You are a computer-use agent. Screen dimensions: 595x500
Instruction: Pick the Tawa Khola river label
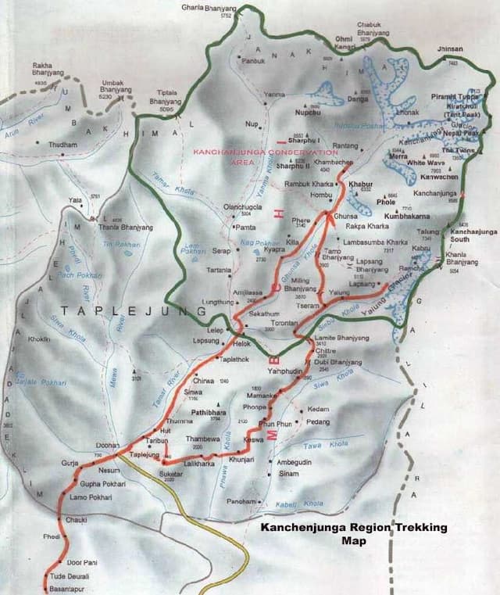tap(336, 445)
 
